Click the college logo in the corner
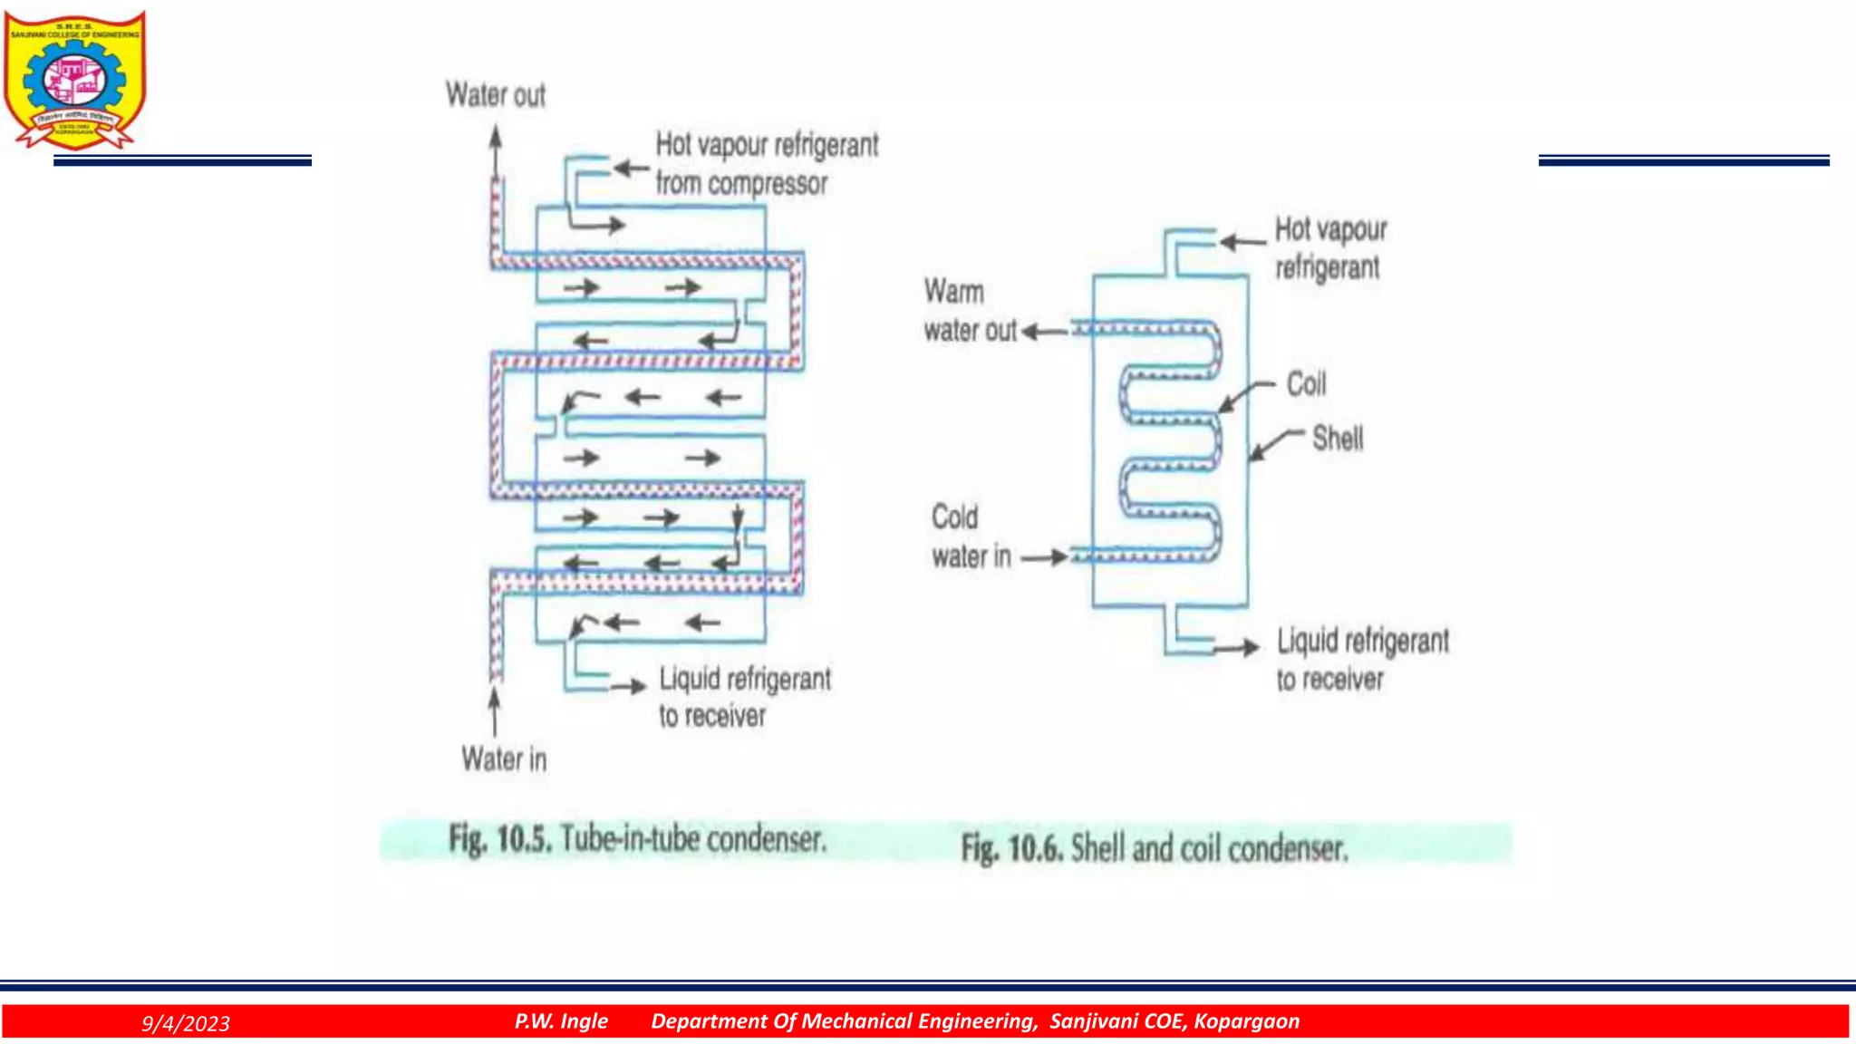click(x=74, y=80)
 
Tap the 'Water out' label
click(x=496, y=95)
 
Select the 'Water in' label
click(x=504, y=759)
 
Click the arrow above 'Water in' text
click(x=494, y=712)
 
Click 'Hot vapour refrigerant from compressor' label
click(x=766, y=164)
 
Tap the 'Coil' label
click(x=1306, y=384)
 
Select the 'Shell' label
click(x=1338, y=439)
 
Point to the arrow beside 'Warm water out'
click(x=1044, y=333)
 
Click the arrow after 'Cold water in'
click(x=1045, y=557)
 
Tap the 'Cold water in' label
click(x=970, y=536)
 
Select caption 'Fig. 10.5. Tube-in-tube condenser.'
click(x=637, y=839)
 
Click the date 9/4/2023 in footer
click(x=186, y=1023)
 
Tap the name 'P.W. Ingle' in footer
click(x=561, y=1021)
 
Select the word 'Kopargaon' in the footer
click(x=1246, y=1021)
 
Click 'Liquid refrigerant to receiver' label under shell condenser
click(x=1362, y=660)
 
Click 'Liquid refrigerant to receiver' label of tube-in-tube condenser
click(x=744, y=697)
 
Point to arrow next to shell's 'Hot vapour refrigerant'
click(x=1242, y=242)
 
